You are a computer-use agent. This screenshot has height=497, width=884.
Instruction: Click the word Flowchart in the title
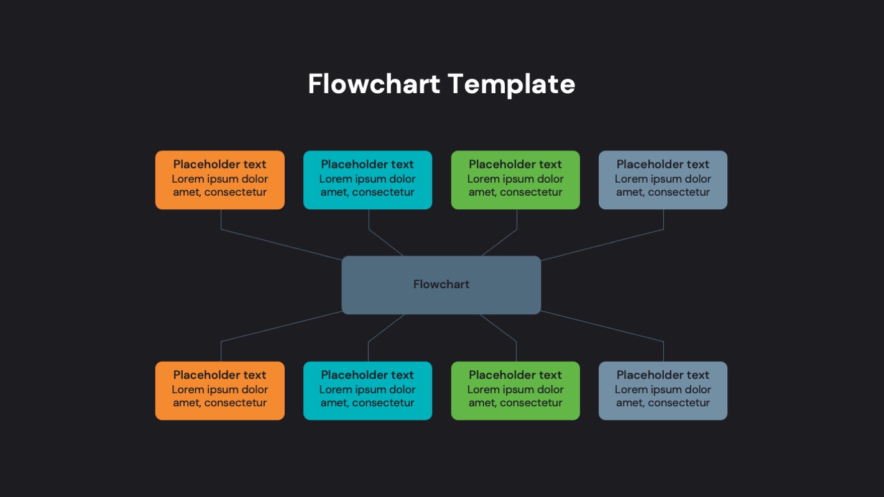(374, 84)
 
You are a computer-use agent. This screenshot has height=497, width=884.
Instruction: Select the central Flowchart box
(441, 285)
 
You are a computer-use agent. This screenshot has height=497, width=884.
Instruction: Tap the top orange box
(219, 180)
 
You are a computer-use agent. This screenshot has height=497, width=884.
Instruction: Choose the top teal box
(367, 180)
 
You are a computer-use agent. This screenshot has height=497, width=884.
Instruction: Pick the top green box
(515, 180)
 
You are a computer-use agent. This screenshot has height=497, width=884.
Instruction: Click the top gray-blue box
(663, 180)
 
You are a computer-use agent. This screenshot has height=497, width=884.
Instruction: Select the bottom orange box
(219, 391)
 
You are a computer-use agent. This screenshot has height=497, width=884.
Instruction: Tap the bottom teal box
(367, 391)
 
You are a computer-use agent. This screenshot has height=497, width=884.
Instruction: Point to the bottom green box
(515, 391)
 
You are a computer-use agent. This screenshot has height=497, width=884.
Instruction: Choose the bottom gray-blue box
(663, 391)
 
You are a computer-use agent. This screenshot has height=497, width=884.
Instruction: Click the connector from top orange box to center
(280, 245)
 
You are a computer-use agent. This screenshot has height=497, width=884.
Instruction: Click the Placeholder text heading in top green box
(515, 165)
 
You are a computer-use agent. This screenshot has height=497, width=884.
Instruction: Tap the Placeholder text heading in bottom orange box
(219, 375)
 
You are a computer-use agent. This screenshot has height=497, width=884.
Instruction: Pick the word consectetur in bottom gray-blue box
(679, 403)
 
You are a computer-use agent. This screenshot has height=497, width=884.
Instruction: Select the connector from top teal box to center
(385, 242)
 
